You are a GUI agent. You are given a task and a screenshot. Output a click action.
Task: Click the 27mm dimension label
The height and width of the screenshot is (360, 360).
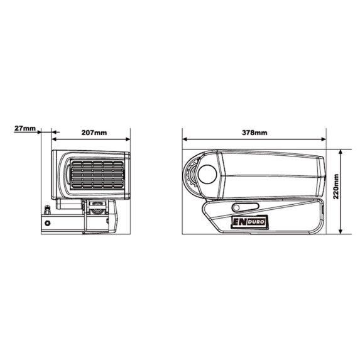(x=25, y=129)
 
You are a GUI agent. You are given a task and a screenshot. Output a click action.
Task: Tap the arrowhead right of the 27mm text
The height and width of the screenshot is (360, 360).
(x=40, y=132)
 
